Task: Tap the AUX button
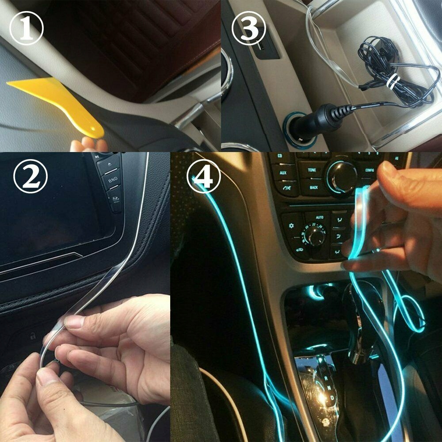point(282,173)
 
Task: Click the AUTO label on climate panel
point(320,217)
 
